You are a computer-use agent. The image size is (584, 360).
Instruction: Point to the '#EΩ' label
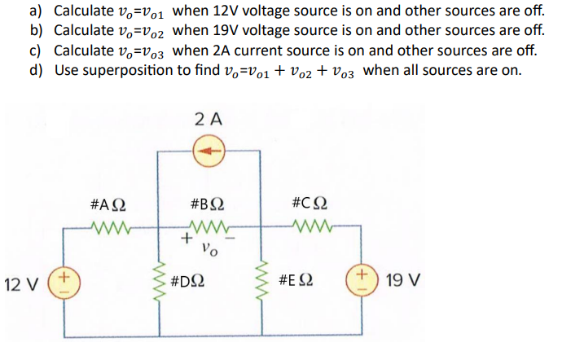296,282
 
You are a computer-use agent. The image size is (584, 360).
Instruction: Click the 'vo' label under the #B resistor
210,248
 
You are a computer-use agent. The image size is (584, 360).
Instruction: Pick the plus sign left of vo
187,239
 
